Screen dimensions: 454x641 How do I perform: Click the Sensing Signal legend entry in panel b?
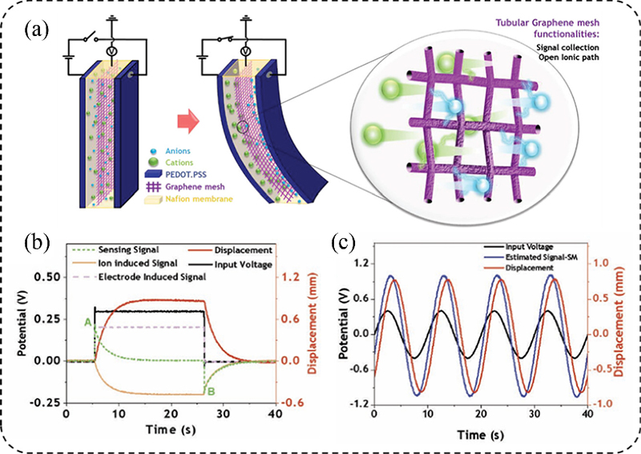pos(125,250)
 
